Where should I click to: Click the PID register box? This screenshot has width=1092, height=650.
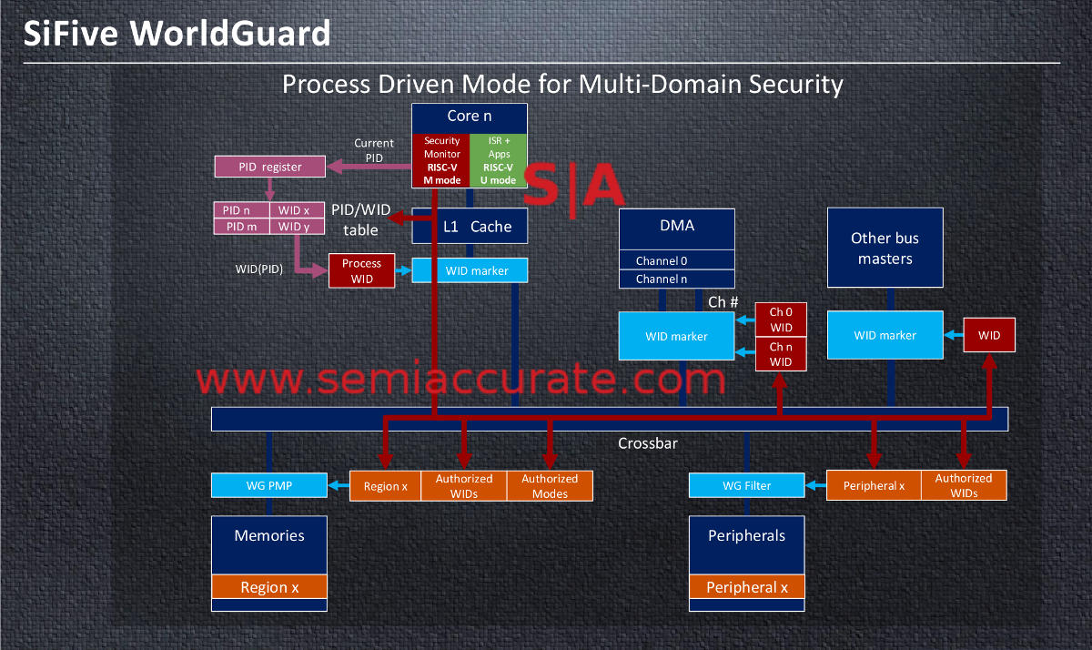pos(270,167)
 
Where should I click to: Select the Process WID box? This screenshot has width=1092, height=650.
pos(361,271)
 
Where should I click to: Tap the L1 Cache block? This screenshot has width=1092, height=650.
pos(470,227)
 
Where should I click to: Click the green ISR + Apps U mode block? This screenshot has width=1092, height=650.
pos(499,160)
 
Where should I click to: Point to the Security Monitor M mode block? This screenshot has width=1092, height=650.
pos(441,160)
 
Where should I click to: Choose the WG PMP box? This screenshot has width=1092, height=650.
pos(269,485)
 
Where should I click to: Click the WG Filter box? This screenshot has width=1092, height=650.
pos(746,485)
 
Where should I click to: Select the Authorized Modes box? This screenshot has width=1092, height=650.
pos(550,485)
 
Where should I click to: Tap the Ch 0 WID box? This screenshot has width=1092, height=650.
pos(781,320)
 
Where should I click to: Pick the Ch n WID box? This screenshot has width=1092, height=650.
pos(781,354)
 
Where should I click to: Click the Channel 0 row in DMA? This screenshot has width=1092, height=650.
pos(676,261)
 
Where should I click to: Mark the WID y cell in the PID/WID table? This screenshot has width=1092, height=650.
pos(294,227)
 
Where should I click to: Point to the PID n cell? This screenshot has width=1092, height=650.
pos(241,210)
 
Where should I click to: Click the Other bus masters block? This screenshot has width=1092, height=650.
pos(885,249)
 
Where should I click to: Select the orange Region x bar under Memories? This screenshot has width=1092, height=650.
pos(269,587)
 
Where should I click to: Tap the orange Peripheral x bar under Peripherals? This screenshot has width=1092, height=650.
pos(746,587)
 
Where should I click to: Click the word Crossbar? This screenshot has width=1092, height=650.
pos(648,444)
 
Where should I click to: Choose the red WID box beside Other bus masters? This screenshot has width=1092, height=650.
pos(989,335)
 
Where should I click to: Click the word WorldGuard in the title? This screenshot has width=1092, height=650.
pos(231,34)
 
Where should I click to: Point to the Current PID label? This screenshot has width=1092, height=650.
pos(374,150)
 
